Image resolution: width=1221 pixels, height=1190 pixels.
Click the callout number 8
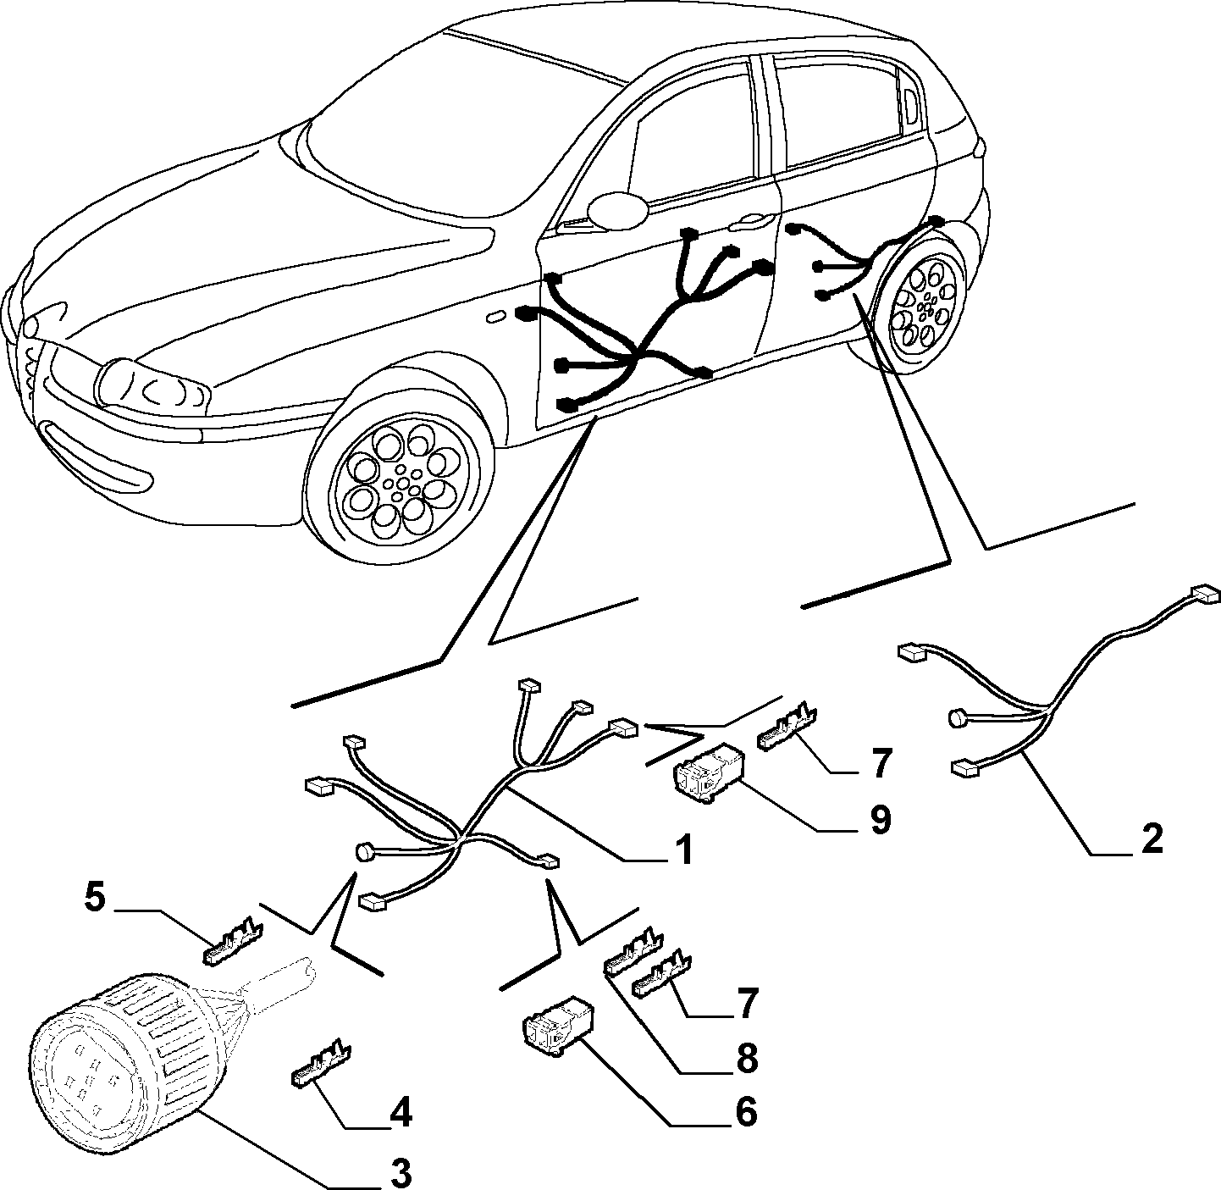click(x=746, y=1056)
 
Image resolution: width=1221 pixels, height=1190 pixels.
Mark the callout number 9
click(x=880, y=819)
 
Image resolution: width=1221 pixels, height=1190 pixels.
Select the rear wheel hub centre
click(x=926, y=307)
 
